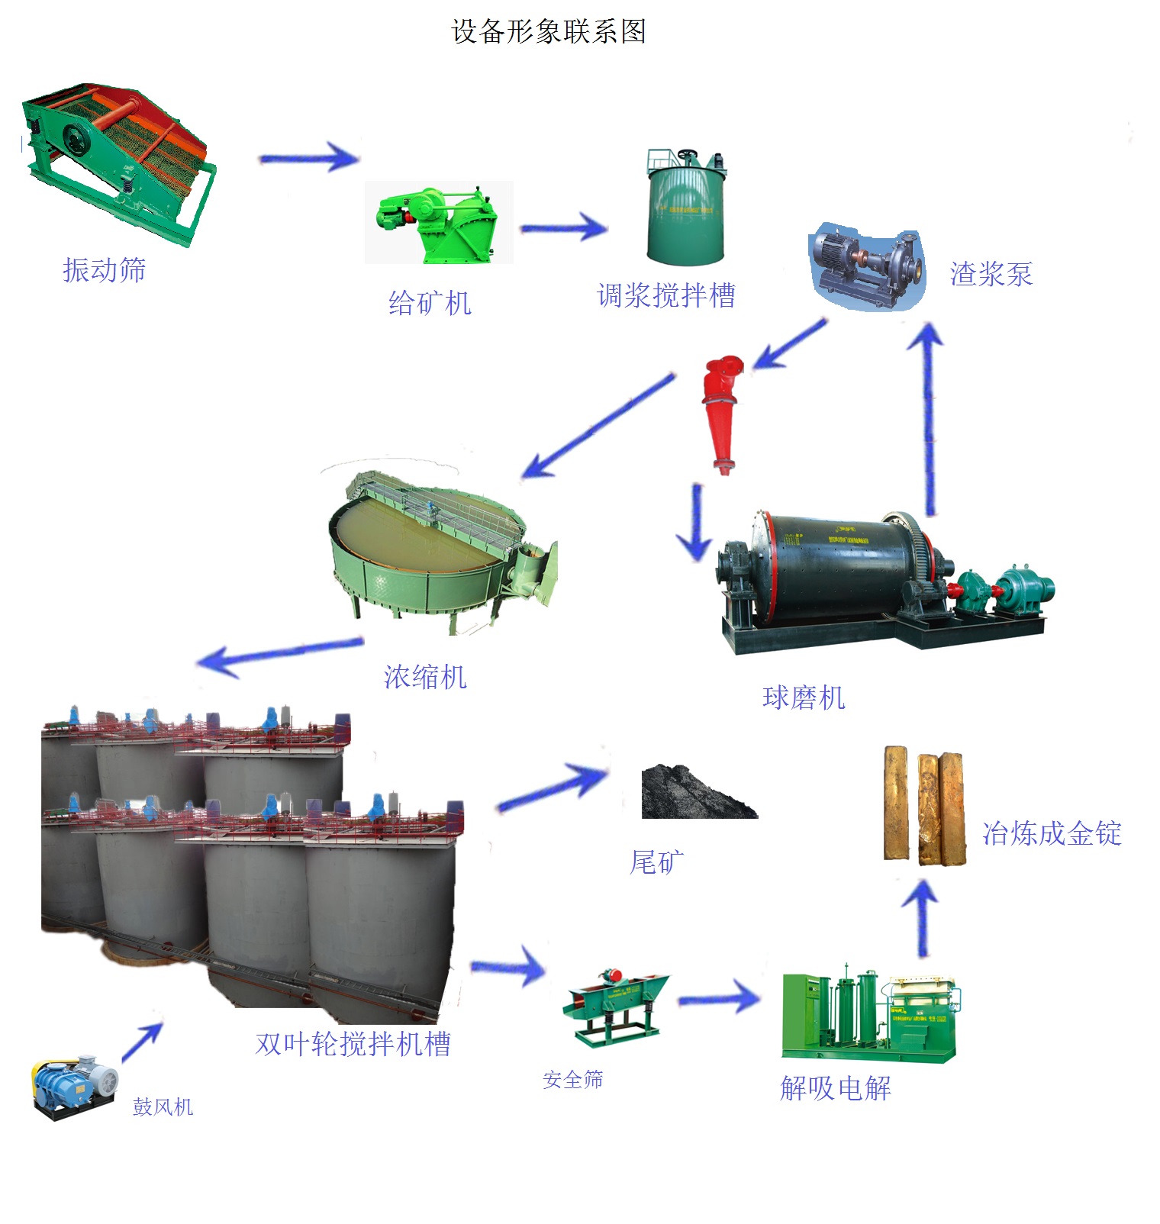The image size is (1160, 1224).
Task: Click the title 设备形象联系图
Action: tap(549, 31)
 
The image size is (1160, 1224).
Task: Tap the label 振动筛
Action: tap(104, 269)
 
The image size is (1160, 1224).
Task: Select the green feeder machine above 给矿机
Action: tap(438, 221)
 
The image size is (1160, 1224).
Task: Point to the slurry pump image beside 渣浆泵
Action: tap(867, 269)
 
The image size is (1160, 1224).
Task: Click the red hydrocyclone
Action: tap(721, 412)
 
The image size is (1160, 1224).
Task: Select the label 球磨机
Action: tap(804, 697)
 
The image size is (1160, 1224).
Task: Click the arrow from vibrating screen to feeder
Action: tap(308, 158)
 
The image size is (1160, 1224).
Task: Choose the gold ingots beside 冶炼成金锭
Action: tap(924, 806)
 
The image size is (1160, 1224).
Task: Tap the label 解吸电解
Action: tap(835, 1087)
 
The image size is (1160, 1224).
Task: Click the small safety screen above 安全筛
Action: tap(614, 1003)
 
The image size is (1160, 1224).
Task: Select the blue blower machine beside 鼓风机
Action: tap(74, 1087)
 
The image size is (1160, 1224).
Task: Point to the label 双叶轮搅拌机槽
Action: tap(353, 1043)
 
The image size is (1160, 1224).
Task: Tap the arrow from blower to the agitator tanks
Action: tap(143, 1041)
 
